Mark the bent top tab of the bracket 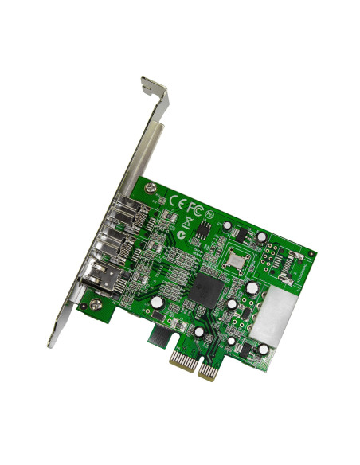155,88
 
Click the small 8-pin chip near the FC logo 205,228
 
